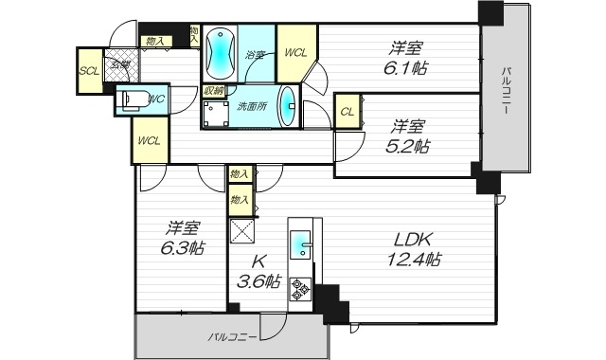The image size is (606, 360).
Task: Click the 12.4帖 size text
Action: [x=412, y=259]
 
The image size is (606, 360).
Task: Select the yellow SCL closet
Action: [x=90, y=71]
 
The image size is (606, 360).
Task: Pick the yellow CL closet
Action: [x=348, y=111]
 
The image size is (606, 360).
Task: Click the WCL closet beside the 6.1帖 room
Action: [x=295, y=53]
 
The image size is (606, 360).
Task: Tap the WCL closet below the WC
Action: [x=149, y=141]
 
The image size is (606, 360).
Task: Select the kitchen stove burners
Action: [x=301, y=290]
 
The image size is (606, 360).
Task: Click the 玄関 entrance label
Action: [x=119, y=64]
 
